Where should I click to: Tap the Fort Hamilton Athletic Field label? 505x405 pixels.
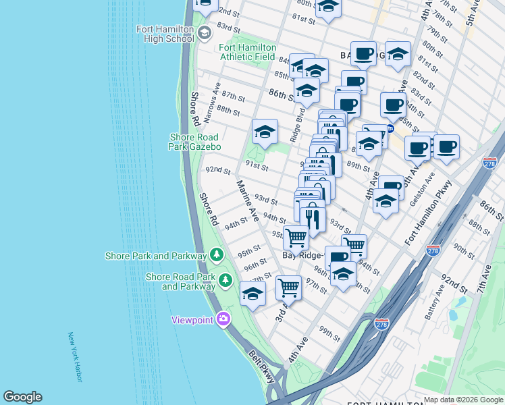[x=247, y=52]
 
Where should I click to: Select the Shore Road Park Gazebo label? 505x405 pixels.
[x=195, y=142]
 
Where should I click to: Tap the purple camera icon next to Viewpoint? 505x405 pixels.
[x=223, y=319]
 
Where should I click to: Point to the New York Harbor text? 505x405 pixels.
[x=75, y=357]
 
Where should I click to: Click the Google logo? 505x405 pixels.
[x=22, y=397]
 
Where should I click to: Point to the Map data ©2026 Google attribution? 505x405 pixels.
[x=463, y=400]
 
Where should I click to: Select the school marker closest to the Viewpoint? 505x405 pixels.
[x=252, y=293]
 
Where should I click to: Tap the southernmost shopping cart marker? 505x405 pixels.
[x=288, y=288]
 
